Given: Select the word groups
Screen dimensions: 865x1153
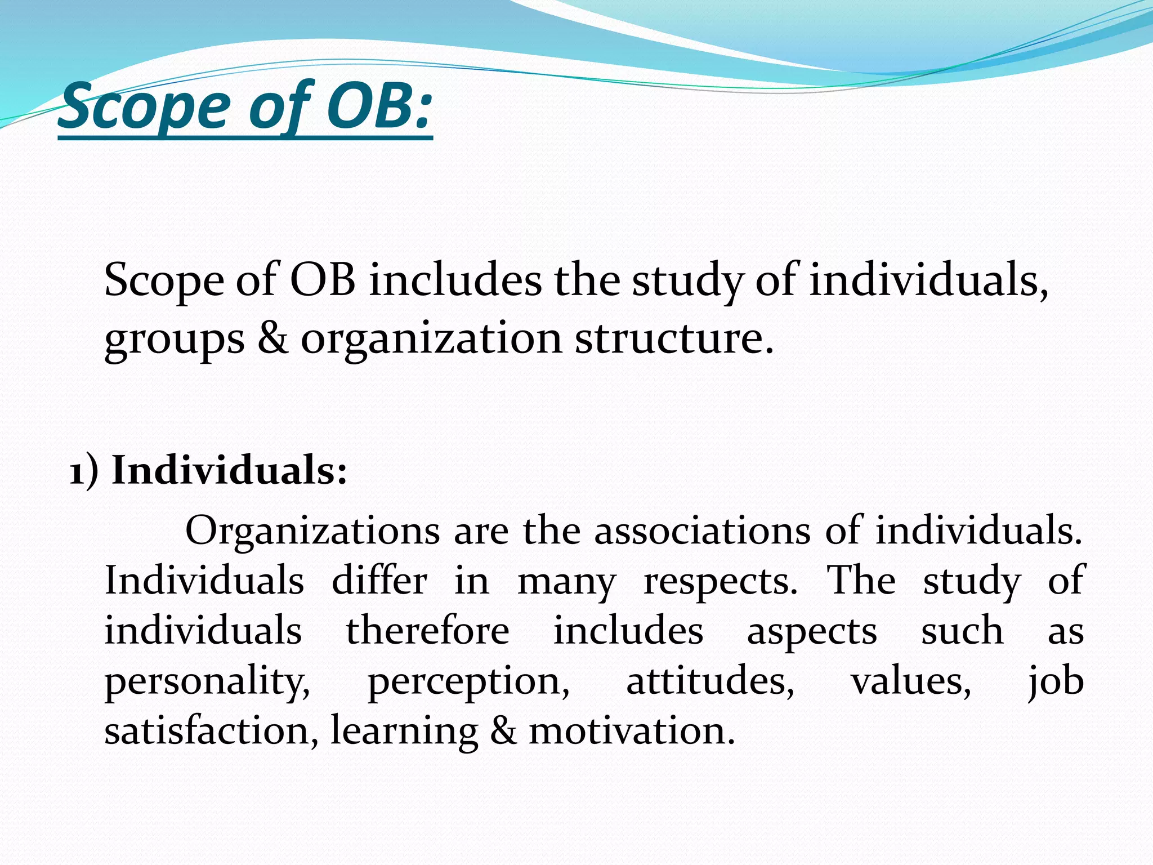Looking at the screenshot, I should [x=175, y=340].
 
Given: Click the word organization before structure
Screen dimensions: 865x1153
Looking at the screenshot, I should [x=431, y=340].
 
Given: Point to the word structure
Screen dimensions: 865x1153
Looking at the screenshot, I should [x=673, y=338].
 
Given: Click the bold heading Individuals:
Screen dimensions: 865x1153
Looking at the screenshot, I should [x=229, y=470].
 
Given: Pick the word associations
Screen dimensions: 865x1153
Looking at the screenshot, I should [x=703, y=530].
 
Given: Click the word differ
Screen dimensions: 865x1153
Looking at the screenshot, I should [x=379, y=581].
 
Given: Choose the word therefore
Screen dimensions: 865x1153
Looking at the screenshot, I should [x=427, y=631].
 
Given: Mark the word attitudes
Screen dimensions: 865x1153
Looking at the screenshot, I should [x=710, y=681].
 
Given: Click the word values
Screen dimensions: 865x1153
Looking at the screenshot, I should [x=910, y=681].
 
